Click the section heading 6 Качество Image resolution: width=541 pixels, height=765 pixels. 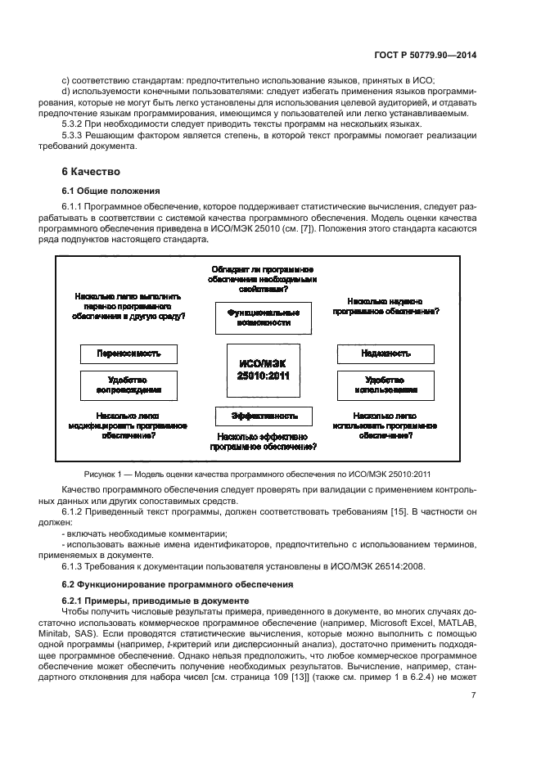coord(91,172)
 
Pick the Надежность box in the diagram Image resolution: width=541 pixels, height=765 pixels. coord(385,354)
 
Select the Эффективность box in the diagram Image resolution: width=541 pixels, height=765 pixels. coord(264,416)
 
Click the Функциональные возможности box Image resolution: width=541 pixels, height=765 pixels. coord(264,317)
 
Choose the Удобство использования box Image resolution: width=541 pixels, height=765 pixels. coord(385,385)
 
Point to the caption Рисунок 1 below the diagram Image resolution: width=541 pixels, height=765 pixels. coord(269,474)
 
